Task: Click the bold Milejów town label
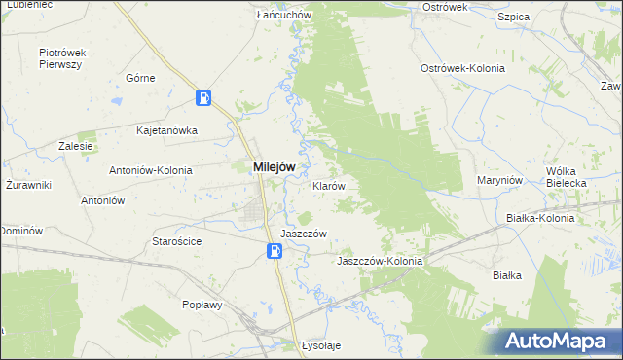tap(274, 167)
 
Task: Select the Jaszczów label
tap(302, 234)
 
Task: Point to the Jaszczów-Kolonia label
tap(379, 262)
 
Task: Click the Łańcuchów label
tap(282, 16)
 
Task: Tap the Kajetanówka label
tap(167, 129)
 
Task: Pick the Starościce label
tap(176, 240)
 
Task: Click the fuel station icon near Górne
tap(203, 97)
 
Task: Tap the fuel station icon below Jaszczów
tap(275, 251)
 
